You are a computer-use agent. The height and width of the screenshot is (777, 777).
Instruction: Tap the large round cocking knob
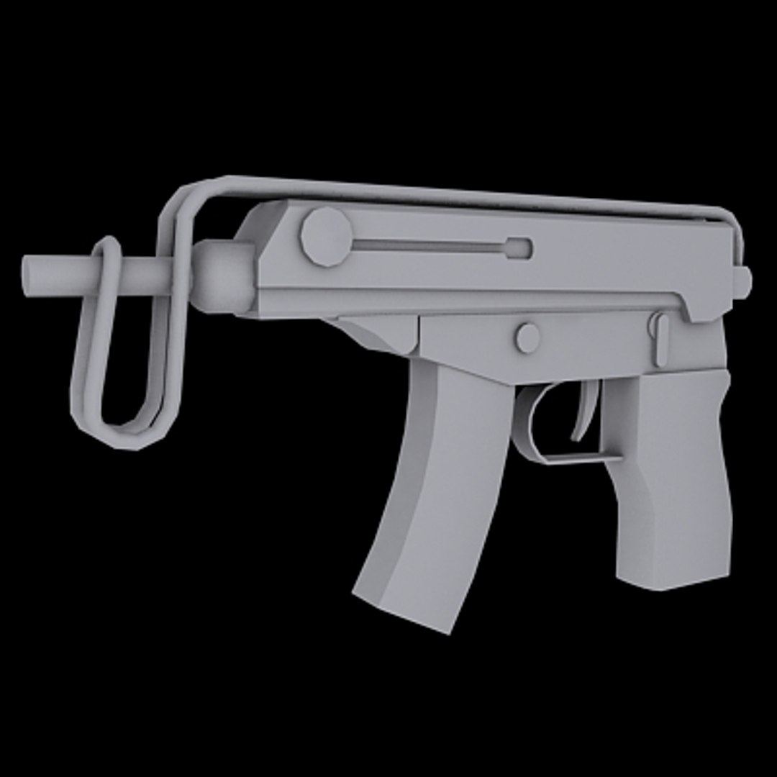[326, 236]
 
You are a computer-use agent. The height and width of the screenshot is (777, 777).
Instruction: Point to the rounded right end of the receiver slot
[519, 248]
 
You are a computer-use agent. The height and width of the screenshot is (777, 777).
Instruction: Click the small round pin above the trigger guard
[527, 337]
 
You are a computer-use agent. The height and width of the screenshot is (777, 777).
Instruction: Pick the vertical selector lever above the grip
[659, 338]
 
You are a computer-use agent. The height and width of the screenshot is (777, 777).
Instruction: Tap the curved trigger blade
[584, 414]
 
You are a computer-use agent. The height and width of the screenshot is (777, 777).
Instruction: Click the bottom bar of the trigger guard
[576, 458]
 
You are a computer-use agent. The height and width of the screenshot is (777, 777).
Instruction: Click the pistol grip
[669, 468]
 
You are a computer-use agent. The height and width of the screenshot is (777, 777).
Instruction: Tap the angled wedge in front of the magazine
[378, 335]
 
